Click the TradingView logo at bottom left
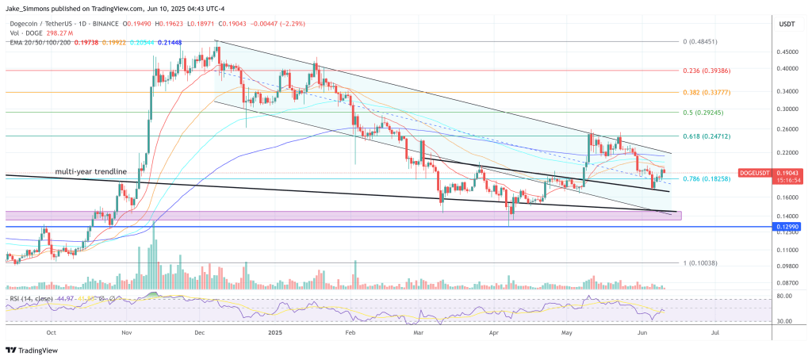35,350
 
